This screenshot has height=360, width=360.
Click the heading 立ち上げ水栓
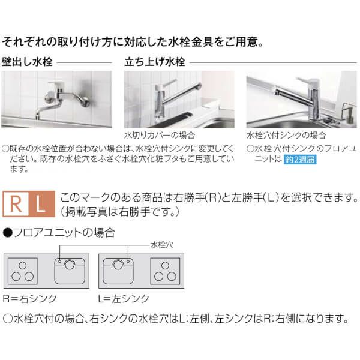[x=154, y=61]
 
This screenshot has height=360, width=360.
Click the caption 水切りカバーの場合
[x=153, y=136]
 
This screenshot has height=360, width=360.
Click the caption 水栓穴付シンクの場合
[x=286, y=136]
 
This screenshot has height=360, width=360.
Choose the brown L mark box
[x=40, y=204]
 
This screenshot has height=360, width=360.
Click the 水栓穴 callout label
[x=161, y=244]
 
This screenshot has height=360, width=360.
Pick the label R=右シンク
[x=23, y=298]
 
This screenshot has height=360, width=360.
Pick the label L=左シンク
[x=123, y=298]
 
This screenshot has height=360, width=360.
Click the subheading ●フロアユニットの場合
[x=59, y=232]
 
